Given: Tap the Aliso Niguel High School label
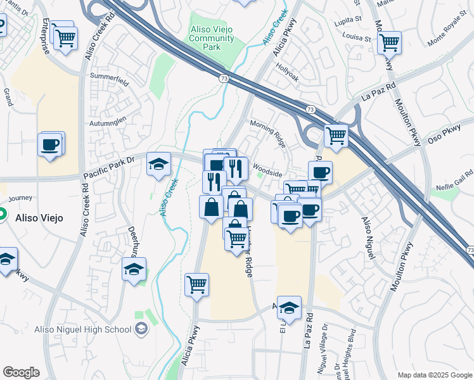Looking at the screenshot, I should [x=96, y=329].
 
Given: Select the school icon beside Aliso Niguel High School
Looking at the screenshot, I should [x=141, y=329].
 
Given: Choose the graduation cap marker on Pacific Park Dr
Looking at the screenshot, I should [x=158, y=164].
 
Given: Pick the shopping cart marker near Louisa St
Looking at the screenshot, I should [x=389, y=42].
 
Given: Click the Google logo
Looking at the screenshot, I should [x=21, y=372].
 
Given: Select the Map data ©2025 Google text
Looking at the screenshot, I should [x=434, y=375].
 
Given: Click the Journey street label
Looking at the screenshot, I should [x=20, y=198].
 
